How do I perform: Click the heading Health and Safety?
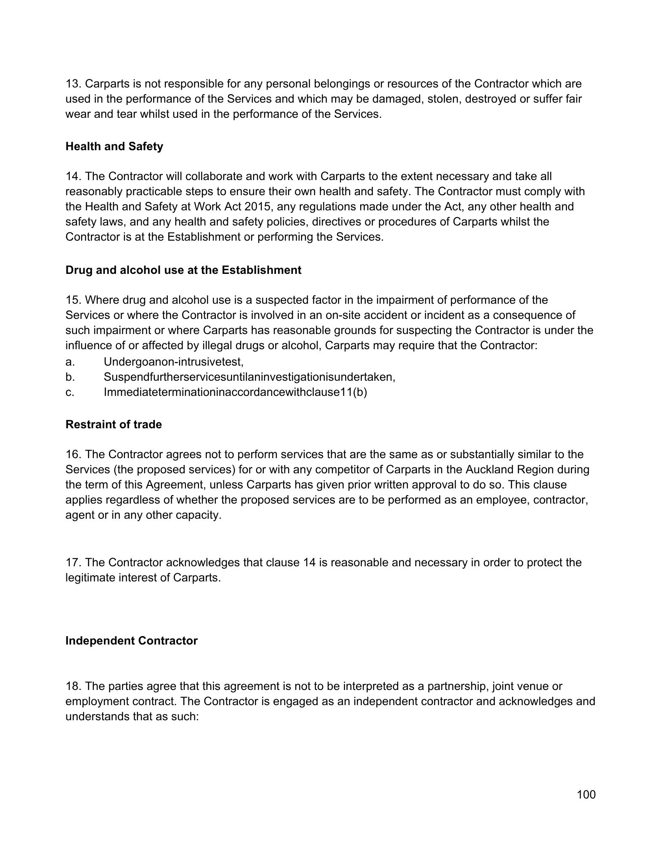point(114,146)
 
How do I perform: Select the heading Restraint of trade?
point(114,424)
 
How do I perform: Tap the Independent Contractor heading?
point(131,641)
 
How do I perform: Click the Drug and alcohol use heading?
point(183,270)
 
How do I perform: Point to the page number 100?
point(586,794)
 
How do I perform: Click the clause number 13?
point(73,84)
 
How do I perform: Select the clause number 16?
point(73,454)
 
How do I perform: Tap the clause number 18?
point(73,686)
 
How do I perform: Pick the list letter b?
point(69,377)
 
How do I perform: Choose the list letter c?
point(69,392)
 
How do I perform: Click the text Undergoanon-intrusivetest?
point(173,362)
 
